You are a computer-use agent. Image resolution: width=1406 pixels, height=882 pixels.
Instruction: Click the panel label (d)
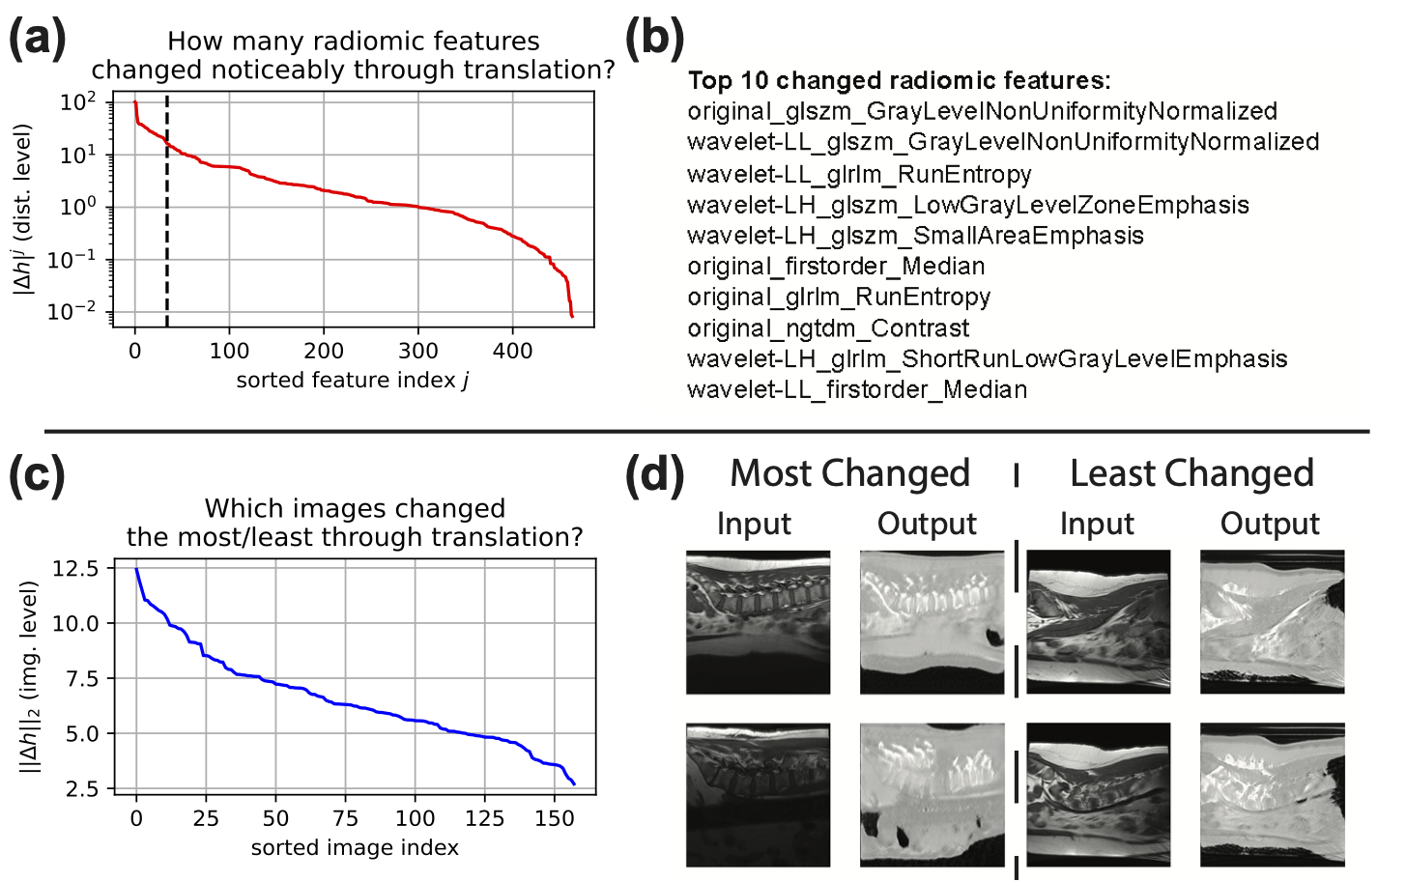[655, 474]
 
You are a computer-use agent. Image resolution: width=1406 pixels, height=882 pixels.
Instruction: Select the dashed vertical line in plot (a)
[167, 213]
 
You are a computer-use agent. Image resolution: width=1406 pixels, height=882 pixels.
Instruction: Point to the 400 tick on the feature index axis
[512, 351]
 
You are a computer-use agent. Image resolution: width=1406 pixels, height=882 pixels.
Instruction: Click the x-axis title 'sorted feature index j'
[353, 381]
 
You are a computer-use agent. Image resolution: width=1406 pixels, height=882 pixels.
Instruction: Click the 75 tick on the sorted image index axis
[345, 819]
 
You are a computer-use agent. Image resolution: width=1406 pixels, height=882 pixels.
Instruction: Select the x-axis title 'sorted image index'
[355, 848]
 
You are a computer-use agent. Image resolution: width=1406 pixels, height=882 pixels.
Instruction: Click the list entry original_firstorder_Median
[836, 267]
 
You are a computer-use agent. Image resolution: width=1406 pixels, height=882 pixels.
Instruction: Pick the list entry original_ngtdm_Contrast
[828, 328]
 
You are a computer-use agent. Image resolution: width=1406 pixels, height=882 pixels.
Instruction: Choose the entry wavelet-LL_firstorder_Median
[857, 390]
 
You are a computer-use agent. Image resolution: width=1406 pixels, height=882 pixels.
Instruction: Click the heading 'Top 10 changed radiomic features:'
[899, 80]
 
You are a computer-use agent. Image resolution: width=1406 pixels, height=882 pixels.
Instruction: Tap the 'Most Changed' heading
[849, 473]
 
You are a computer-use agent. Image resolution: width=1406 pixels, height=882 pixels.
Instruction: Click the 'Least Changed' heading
[1191, 473]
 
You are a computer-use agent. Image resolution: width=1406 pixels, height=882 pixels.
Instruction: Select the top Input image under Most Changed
[758, 622]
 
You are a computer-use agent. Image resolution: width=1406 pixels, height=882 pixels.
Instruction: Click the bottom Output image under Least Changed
[1272, 794]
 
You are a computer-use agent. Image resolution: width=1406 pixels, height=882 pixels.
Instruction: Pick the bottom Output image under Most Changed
[932, 794]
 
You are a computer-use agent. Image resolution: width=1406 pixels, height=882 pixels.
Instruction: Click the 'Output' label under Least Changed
[1269, 524]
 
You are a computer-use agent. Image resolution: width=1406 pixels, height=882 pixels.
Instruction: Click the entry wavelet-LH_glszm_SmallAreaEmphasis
[915, 236]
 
